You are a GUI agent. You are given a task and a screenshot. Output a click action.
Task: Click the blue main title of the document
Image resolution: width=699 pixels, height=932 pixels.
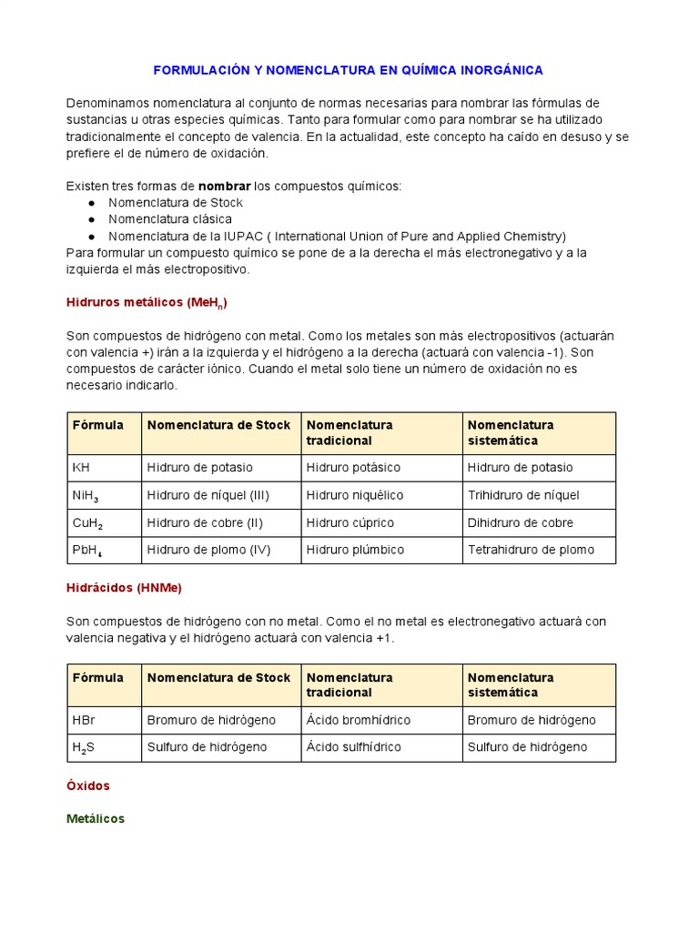coord(348,69)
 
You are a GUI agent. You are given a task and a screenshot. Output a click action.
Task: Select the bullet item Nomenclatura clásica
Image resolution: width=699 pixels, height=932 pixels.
coord(170,219)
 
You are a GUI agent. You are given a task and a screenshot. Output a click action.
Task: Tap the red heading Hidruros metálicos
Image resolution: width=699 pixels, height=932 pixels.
coord(153,302)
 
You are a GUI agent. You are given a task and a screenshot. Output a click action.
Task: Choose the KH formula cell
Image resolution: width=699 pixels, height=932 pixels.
coord(81,468)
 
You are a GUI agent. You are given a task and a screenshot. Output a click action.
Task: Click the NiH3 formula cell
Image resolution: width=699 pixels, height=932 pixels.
coord(86,496)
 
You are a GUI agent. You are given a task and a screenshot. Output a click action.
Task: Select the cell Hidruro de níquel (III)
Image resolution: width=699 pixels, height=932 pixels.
coord(208,495)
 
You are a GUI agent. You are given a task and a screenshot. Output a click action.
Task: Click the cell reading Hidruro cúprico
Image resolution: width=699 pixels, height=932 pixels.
coord(350,522)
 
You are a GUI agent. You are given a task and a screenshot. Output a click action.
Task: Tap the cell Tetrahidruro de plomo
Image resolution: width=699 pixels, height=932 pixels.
coord(531,550)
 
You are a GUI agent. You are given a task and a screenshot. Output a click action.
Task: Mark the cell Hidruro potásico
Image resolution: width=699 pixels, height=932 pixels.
coord(353,468)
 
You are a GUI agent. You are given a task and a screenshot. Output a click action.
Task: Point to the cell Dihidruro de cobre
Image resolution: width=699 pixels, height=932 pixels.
coord(521,522)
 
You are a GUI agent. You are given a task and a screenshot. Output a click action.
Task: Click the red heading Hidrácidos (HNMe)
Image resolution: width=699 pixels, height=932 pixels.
coord(124,588)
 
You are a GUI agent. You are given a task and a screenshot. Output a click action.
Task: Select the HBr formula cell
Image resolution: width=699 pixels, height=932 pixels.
coord(84,720)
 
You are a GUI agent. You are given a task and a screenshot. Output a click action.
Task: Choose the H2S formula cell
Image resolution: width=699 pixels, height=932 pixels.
coord(84,747)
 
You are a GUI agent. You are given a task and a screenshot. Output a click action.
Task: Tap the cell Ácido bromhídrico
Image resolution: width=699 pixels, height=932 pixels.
coord(359,720)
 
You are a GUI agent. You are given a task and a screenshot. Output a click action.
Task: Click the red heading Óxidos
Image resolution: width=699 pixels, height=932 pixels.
coord(88,785)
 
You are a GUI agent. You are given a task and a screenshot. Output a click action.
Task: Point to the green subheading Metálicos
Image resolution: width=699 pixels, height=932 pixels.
coord(96,818)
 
